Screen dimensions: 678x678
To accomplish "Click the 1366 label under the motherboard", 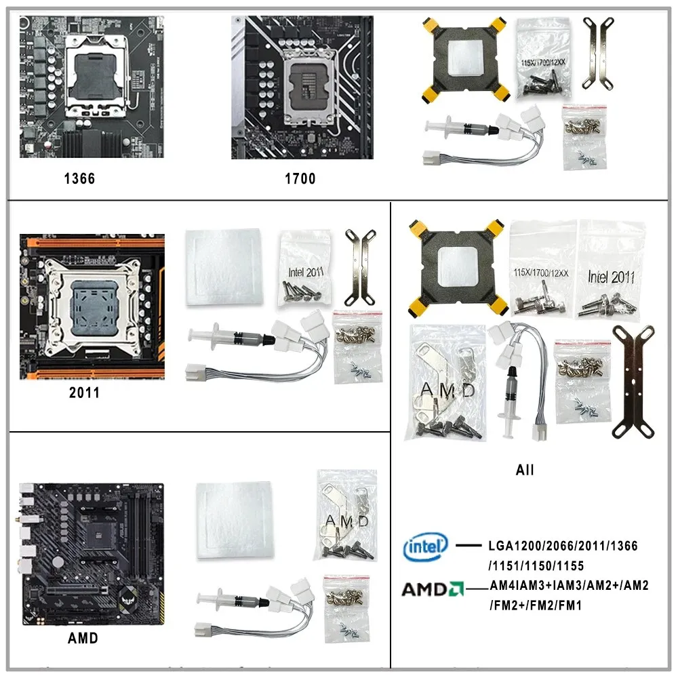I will [79, 179].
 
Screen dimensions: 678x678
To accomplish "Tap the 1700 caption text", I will [300, 179].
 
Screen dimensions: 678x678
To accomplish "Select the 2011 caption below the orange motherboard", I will [84, 393].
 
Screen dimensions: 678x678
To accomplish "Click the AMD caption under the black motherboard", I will [83, 638].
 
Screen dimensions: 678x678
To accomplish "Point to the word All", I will [524, 470].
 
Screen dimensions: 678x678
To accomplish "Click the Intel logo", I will [425, 546].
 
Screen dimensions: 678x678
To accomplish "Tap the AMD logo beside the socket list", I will [431, 589].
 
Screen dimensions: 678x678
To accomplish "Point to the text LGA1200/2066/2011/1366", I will [563, 546].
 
